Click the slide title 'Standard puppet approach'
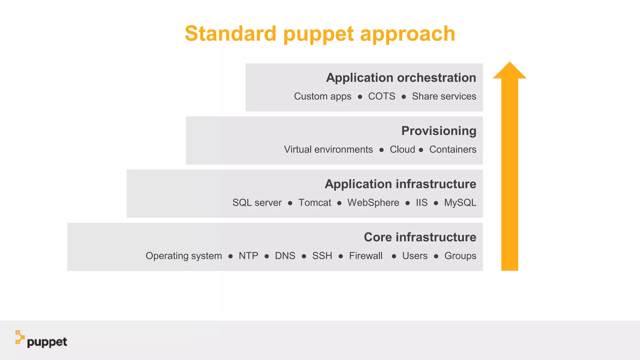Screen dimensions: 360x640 (320, 34)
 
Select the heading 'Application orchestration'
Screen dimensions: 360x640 (401, 77)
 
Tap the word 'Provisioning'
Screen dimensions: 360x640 (439, 131)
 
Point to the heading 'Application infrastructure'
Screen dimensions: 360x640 (400, 184)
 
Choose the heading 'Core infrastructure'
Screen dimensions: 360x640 (420, 237)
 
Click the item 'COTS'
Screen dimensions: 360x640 (382, 96)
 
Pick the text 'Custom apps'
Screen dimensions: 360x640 (322, 96)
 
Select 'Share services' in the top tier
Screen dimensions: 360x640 (444, 96)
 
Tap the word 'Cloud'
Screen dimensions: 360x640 (402, 149)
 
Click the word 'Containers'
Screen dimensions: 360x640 (453, 149)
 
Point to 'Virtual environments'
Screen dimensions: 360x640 (328, 149)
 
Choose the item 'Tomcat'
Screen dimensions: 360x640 (315, 202)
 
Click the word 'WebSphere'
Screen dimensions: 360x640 (373, 202)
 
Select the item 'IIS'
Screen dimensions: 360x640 (422, 202)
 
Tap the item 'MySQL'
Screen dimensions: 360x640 (460, 202)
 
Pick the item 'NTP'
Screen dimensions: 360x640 (248, 256)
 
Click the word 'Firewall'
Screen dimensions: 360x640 (366, 256)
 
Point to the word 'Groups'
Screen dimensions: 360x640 (460, 256)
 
